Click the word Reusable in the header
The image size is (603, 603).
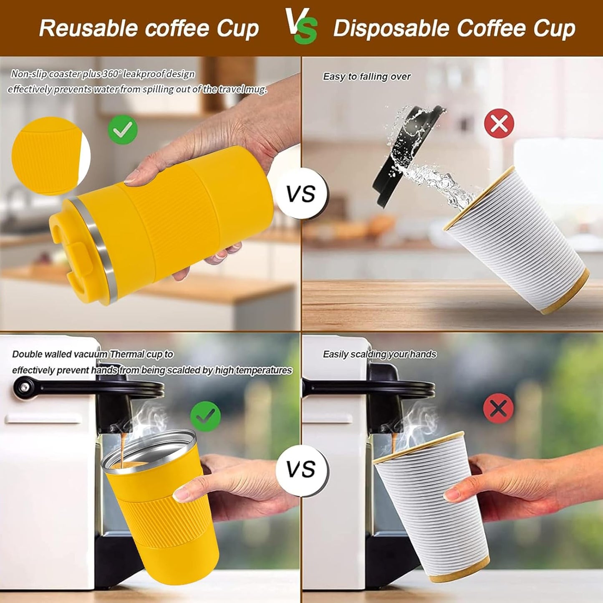coord(88,28)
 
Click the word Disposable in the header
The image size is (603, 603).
coord(391,28)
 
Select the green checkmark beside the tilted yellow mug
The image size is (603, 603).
coord(123,130)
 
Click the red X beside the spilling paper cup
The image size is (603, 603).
coord(499,123)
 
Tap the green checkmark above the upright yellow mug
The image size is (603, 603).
coord(205,416)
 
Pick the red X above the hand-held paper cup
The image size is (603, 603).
coord(498,408)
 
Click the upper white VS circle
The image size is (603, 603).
coord(301,194)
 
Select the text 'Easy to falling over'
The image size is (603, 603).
coord(367,77)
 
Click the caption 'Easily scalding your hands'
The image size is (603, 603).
coord(379,354)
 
